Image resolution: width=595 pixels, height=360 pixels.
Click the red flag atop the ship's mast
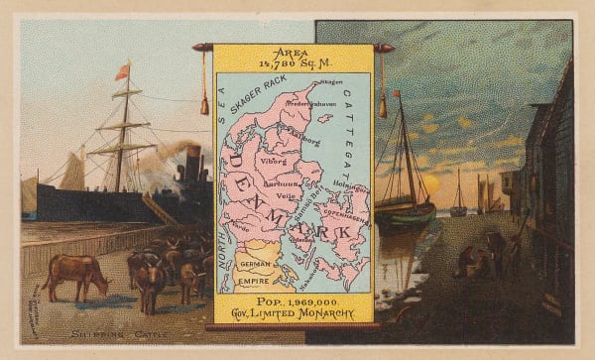(123, 70)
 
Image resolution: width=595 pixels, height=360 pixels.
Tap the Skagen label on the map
(330, 83)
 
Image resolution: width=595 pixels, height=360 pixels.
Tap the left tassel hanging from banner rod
(204, 103)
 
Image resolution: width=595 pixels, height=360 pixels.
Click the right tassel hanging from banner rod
(382, 104)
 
